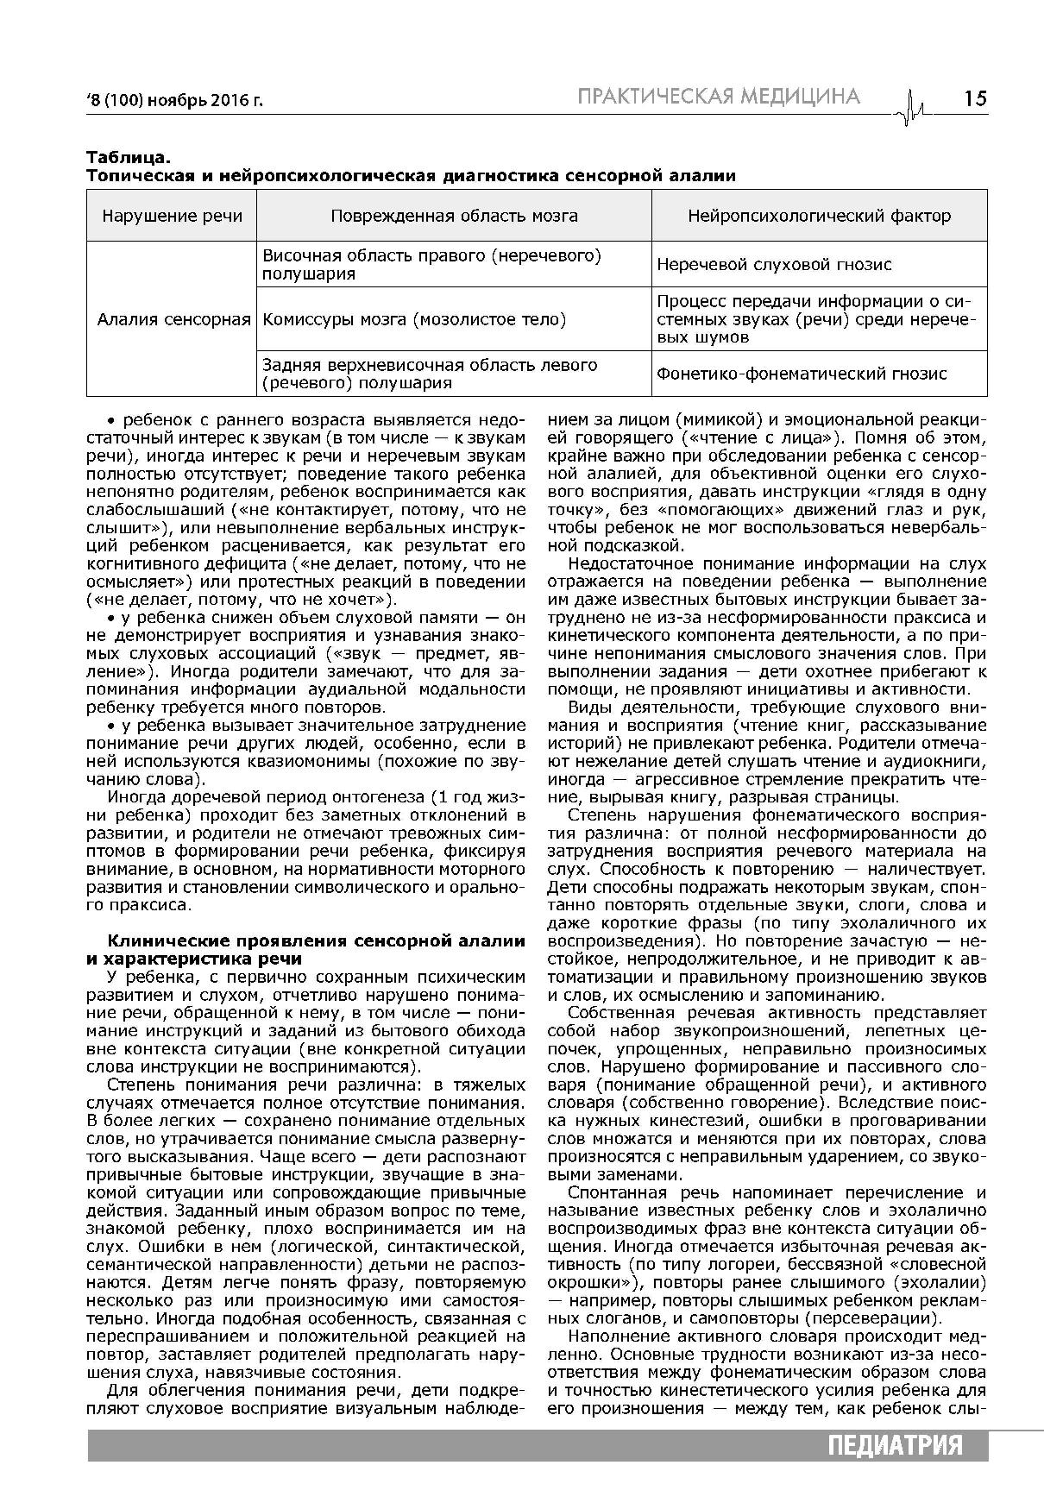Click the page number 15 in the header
click(975, 97)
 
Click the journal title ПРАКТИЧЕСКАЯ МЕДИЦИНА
click(719, 96)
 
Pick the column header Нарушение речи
click(172, 216)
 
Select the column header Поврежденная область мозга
click(454, 216)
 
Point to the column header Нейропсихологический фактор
click(819, 216)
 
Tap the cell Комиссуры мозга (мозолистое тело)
click(414, 319)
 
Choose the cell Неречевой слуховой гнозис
click(774, 265)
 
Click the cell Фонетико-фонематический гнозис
click(802, 374)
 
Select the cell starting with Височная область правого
click(431, 265)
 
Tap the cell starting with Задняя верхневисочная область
click(430, 374)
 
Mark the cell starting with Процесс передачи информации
click(815, 319)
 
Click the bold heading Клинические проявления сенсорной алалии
click(316, 940)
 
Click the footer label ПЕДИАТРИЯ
click(894, 1446)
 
